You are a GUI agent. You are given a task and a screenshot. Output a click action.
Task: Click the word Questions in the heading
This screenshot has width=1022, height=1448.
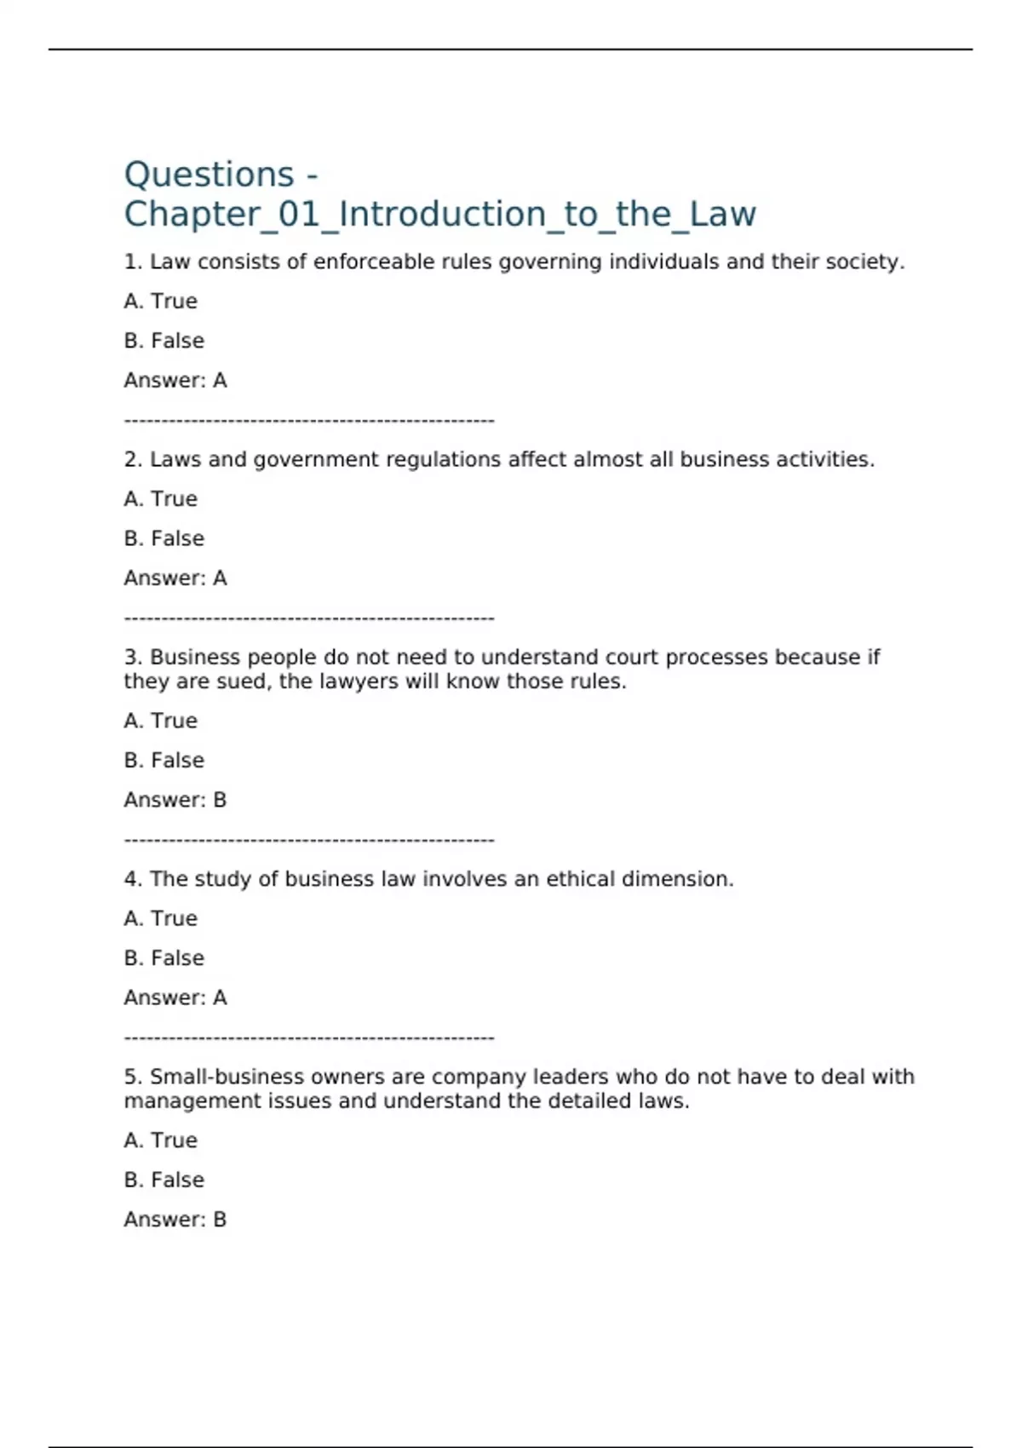[209, 175]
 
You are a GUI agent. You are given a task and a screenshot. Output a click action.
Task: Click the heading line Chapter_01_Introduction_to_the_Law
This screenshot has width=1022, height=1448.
[439, 215]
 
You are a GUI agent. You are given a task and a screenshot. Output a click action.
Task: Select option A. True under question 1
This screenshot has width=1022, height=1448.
[160, 302]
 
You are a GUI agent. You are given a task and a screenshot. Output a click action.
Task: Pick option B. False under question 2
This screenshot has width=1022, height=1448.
[164, 538]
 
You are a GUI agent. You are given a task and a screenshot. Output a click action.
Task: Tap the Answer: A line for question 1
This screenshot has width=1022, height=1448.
[175, 381]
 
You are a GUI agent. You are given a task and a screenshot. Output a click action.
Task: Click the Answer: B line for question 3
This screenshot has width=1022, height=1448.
[175, 800]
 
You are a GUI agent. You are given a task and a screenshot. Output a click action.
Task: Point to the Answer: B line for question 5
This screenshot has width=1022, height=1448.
[175, 1220]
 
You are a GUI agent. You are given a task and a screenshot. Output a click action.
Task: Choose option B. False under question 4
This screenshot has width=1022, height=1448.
[164, 958]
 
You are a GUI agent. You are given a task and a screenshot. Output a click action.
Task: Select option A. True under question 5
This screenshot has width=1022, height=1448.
[160, 1141]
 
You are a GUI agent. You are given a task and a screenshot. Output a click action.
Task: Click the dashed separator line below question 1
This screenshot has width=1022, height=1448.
[308, 421]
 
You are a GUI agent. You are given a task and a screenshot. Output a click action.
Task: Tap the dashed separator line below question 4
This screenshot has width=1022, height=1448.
[308, 1038]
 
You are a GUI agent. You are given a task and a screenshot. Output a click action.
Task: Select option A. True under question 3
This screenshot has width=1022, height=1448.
[160, 721]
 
